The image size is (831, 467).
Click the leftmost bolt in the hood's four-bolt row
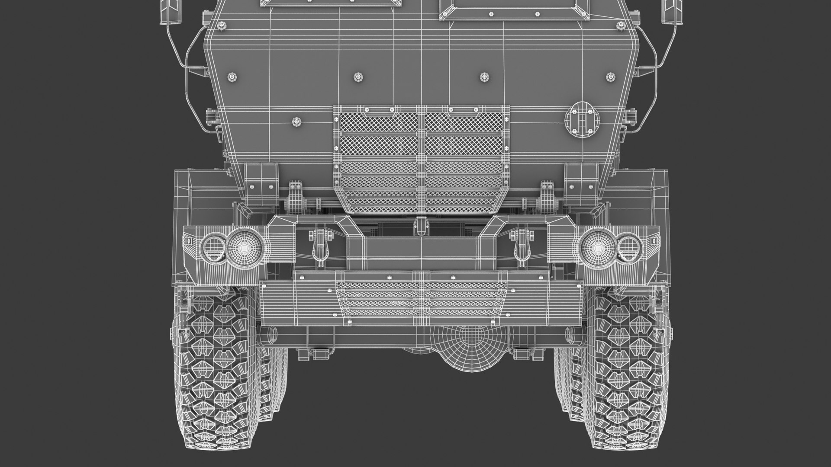pyautogui.click(x=232, y=77)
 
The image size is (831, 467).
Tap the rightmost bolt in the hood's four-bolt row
pyautogui.click(x=610, y=76)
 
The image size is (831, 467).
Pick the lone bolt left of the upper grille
pyautogui.click(x=296, y=122)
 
